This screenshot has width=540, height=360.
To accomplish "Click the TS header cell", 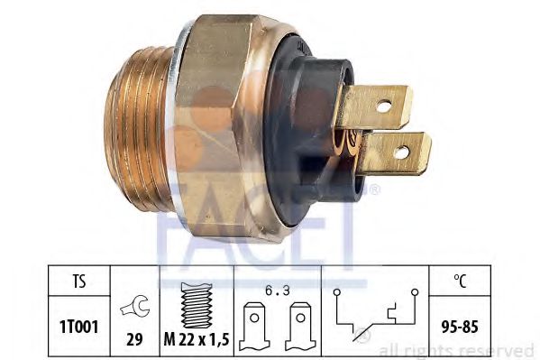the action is click(78, 281).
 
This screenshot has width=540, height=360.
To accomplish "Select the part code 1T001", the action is click(78, 327).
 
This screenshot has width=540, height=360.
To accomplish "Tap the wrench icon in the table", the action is click(134, 306).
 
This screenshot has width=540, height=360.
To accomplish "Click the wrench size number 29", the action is click(134, 339).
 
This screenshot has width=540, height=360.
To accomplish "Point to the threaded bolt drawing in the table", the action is click(197, 305).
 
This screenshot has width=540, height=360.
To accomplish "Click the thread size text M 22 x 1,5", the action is click(197, 339).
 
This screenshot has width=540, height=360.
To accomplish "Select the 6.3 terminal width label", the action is click(278, 291).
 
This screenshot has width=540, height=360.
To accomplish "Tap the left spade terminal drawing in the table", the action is click(254, 327).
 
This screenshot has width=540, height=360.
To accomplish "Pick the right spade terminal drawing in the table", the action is click(300, 327).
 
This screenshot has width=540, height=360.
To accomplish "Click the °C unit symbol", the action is click(460, 281).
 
